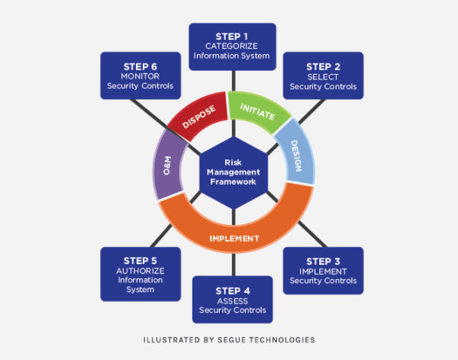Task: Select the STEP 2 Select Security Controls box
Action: (323, 76)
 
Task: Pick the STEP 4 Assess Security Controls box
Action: (232, 300)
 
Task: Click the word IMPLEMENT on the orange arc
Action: (234, 238)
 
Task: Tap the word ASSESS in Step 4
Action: (232, 301)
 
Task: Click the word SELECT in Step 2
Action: (323, 76)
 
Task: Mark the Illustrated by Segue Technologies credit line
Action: (229, 339)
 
